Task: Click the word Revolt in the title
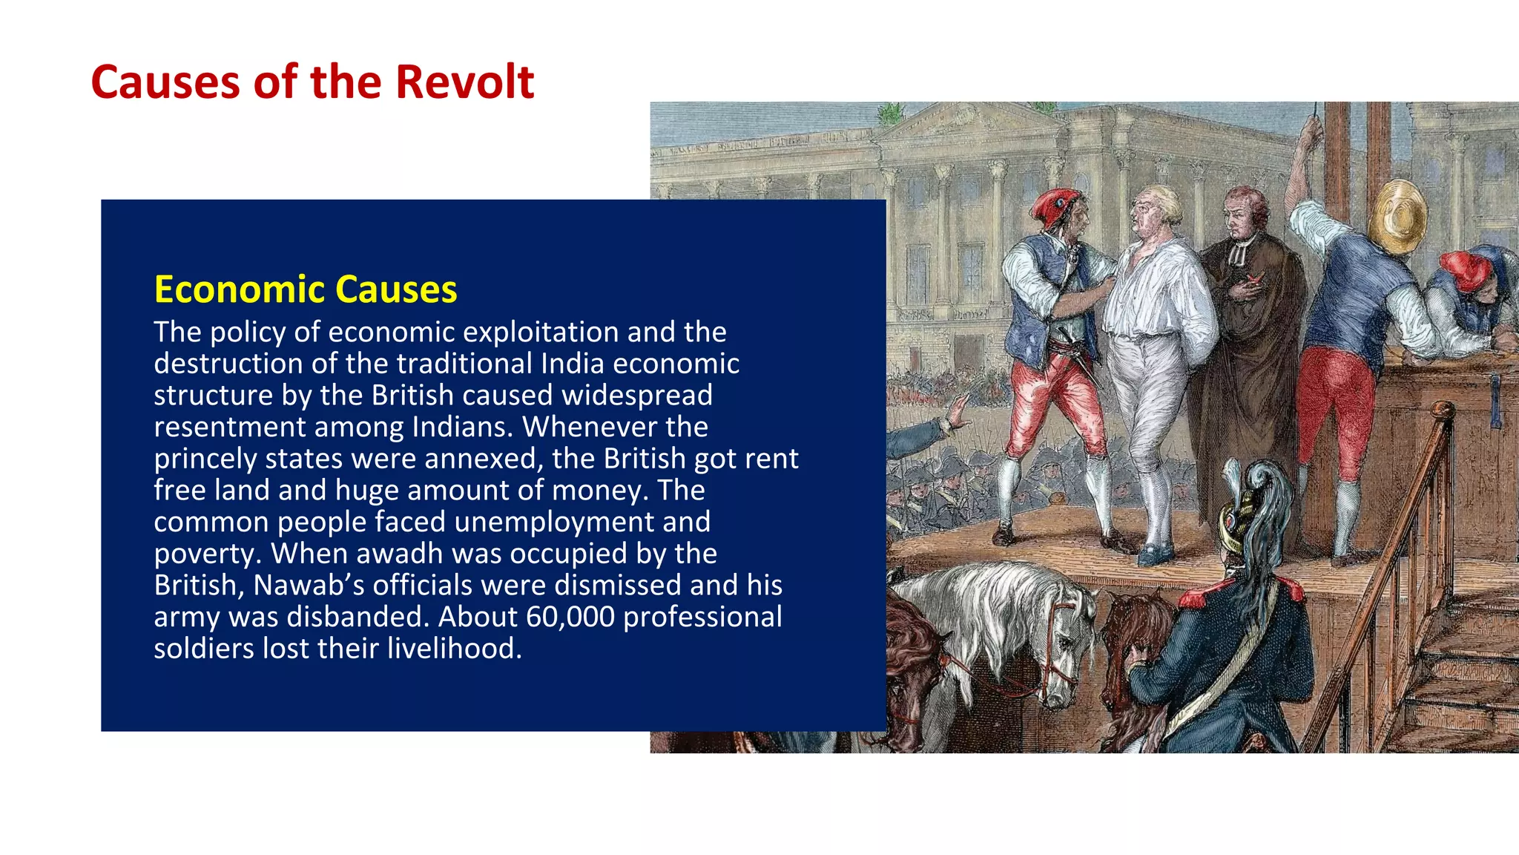pyautogui.click(x=464, y=82)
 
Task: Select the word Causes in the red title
pyautogui.click(x=165, y=82)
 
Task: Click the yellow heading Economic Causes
pyautogui.click(x=305, y=289)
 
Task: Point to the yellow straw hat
pyautogui.click(x=1398, y=215)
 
